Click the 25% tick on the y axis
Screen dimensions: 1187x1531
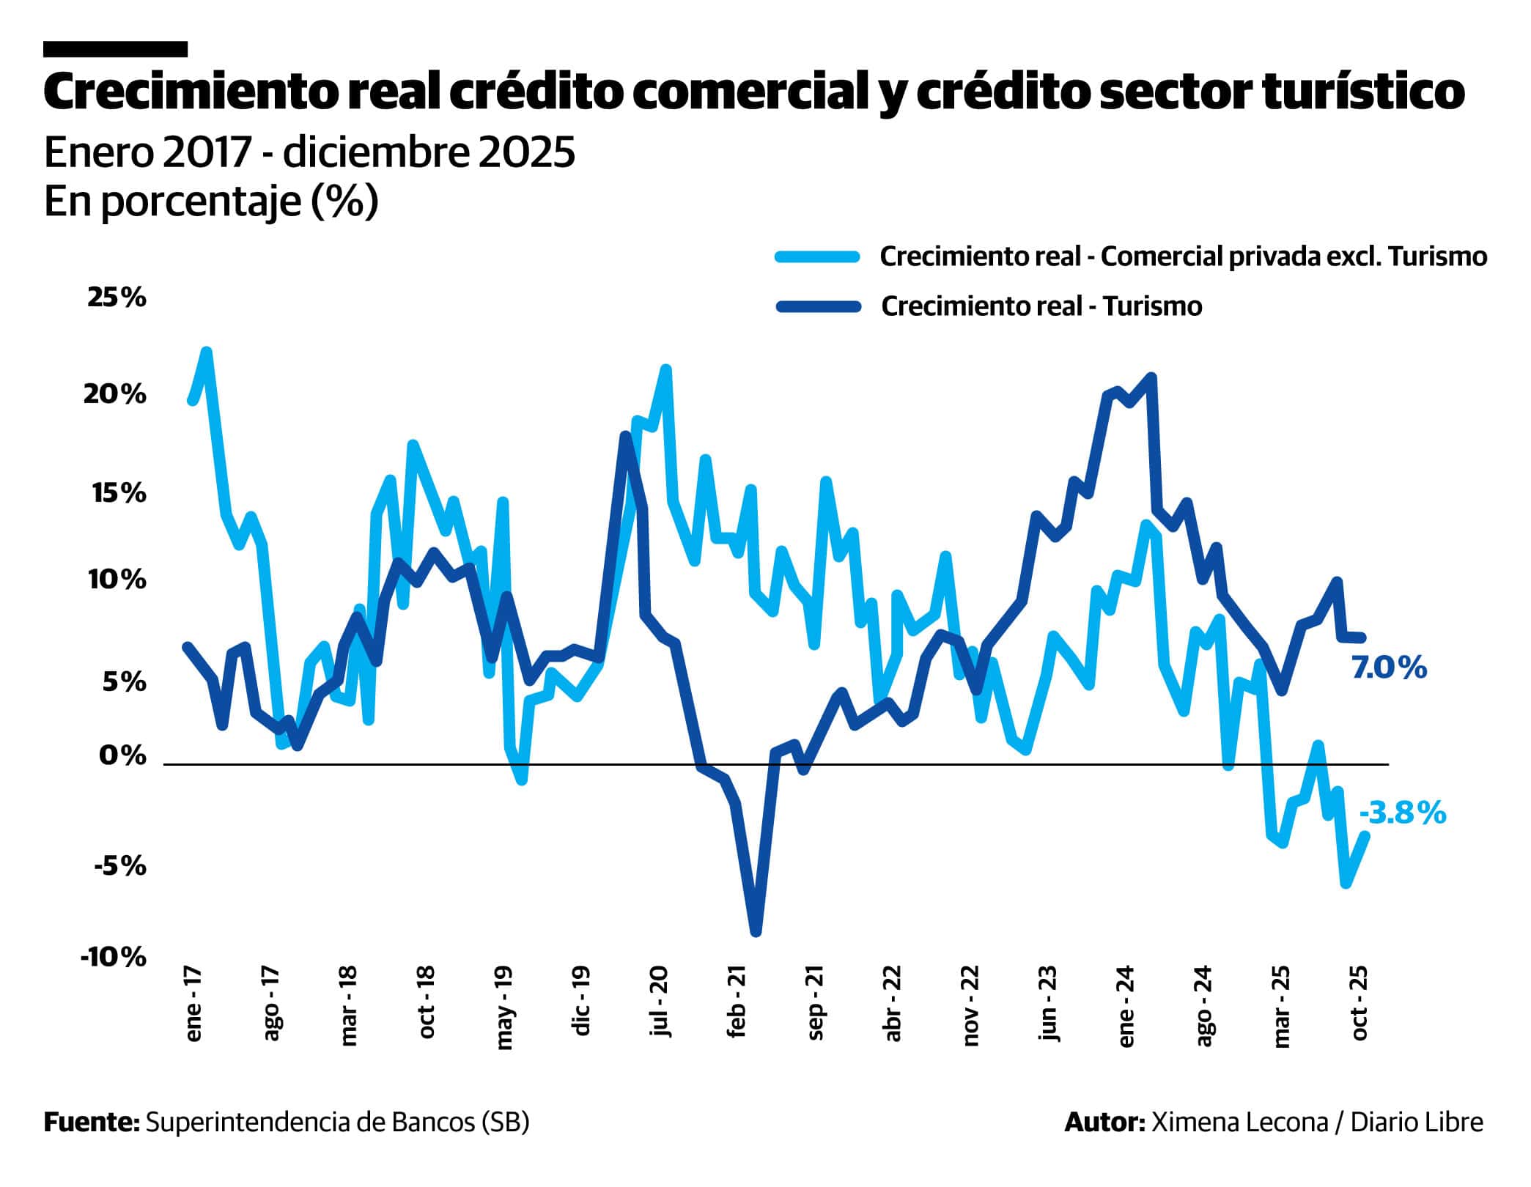[x=117, y=298]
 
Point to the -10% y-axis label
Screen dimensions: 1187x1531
[x=114, y=957]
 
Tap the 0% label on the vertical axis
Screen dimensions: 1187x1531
[x=122, y=755]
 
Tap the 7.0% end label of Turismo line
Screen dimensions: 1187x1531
[x=1389, y=668]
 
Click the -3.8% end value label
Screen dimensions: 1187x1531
[x=1402, y=813]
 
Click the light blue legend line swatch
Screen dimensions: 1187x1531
[x=816, y=256]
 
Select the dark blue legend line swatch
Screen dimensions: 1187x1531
[x=816, y=306]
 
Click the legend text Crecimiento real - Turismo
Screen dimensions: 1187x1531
[x=1041, y=306]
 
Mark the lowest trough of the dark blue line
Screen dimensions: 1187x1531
[x=756, y=932]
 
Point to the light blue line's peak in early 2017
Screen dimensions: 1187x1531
[x=207, y=352]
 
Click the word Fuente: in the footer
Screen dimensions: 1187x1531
[x=92, y=1122]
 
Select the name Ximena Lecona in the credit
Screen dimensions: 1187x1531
[x=1239, y=1122]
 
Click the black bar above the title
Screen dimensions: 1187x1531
[x=115, y=49]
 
